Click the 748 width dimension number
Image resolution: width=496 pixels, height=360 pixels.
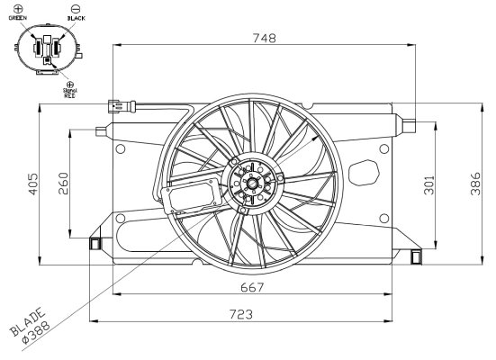click(x=263, y=38)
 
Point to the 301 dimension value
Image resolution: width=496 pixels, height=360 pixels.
click(x=428, y=185)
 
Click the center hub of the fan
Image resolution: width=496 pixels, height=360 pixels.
click(x=252, y=185)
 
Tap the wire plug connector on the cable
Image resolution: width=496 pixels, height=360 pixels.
click(x=120, y=105)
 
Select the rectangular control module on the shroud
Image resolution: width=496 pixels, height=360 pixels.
click(x=191, y=194)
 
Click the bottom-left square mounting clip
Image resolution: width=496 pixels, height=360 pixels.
click(x=94, y=242)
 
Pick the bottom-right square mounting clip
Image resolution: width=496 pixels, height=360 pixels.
click(x=415, y=256)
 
